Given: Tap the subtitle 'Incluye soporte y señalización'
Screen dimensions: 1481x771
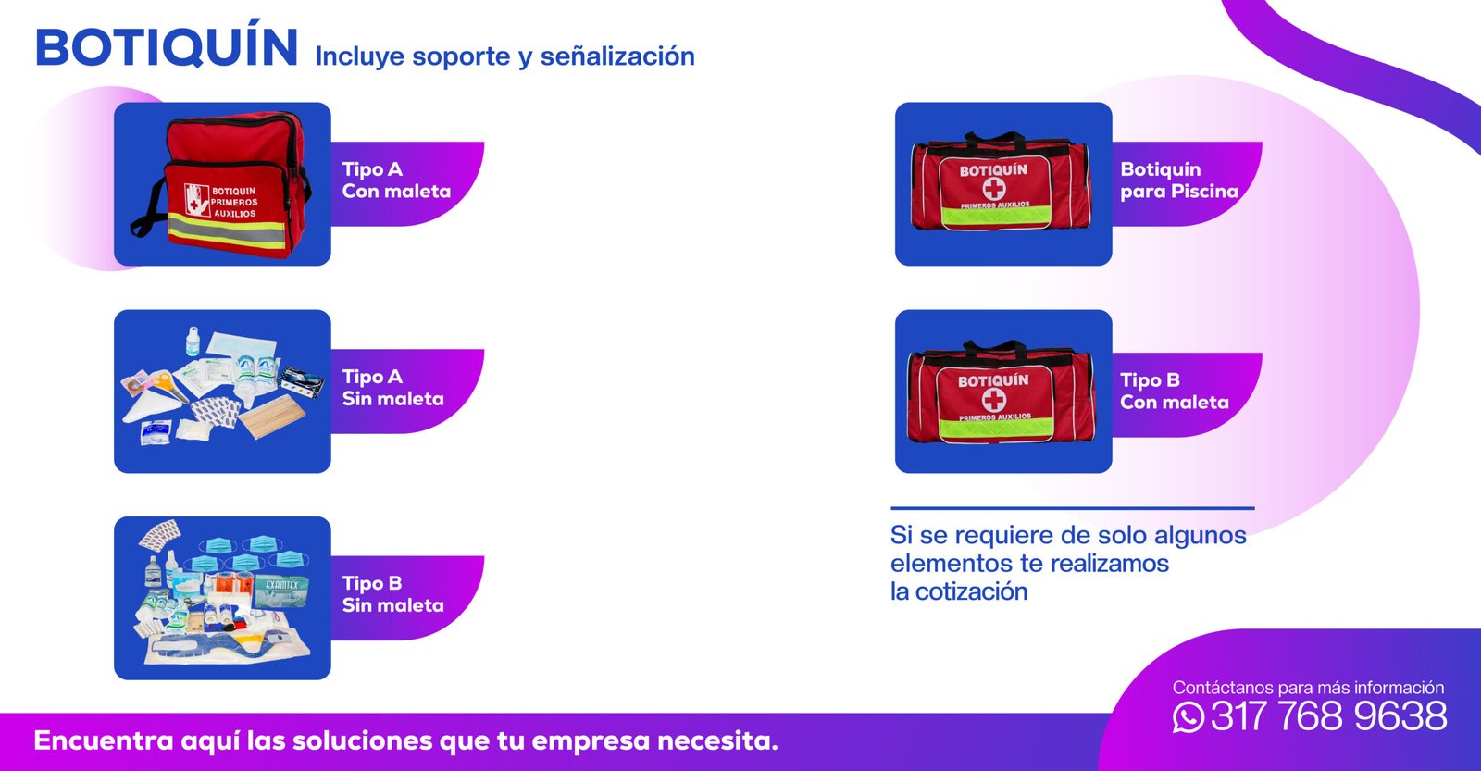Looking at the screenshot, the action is coord(505,56).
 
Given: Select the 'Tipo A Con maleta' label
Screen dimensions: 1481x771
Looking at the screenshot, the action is coord(396,180).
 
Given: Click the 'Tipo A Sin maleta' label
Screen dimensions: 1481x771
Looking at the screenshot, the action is coord(392,388).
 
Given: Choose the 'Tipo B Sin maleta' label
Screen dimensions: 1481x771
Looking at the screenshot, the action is coord(392,594).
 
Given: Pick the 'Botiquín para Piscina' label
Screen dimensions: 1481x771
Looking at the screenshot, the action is coord(1179,180).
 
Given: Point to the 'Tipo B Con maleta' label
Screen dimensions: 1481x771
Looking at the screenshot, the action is coord(1175,391).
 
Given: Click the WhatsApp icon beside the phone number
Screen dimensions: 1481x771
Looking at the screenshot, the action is coord(1189,716).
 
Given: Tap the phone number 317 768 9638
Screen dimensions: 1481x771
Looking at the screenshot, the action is coord(1328,716).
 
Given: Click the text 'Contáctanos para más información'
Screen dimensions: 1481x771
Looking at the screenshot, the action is coord(1308,687).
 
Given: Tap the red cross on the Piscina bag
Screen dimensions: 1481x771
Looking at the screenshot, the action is coord(994,189).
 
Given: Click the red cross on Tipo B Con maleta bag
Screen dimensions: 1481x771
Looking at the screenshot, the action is coord(994,400).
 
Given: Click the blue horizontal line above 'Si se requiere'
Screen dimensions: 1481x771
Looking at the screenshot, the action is coord(1073,508).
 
